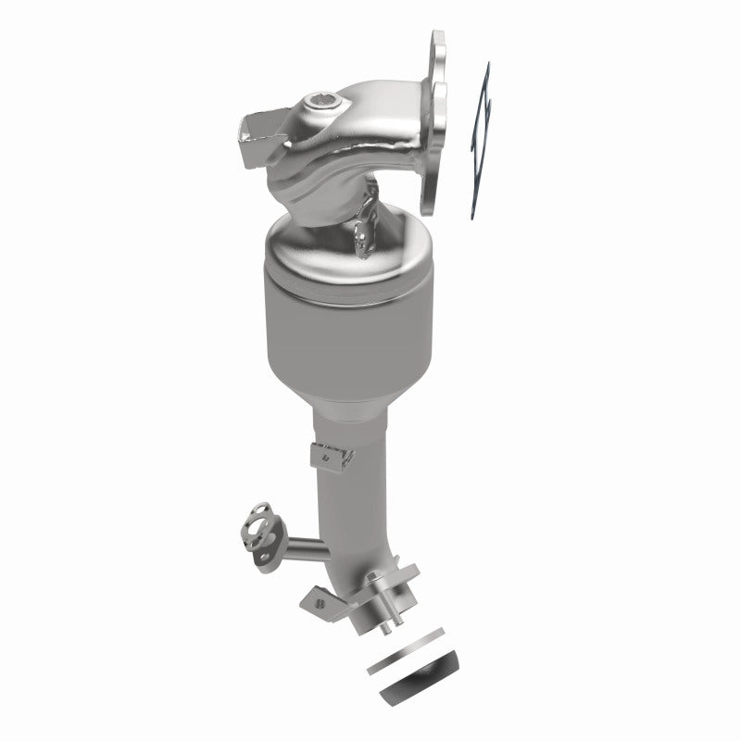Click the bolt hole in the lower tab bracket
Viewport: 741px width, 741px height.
(319, 603)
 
